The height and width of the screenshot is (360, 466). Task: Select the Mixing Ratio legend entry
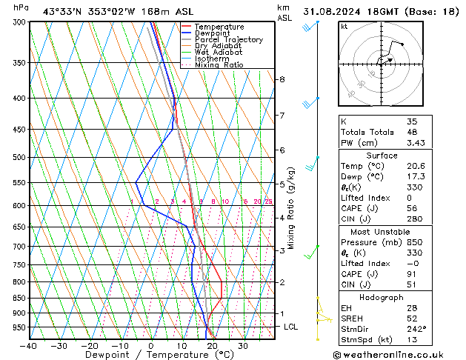(x=219, y=65)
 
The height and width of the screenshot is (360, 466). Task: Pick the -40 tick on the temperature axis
(x=29, y=345)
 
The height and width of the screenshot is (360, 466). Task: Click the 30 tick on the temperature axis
(x=243, y=345)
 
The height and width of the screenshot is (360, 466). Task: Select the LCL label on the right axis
(x=292, y=327)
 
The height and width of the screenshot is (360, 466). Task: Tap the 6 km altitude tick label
(x=282, y=150)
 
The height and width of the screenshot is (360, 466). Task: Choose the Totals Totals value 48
(x=412, y=132)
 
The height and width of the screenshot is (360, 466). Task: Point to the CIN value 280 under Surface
(x=415, y=219)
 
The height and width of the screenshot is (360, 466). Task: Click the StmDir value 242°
(x=417, y=329)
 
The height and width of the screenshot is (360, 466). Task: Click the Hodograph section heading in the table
(x=382, y=297)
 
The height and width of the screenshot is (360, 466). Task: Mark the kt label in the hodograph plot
(x=344, y=27)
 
